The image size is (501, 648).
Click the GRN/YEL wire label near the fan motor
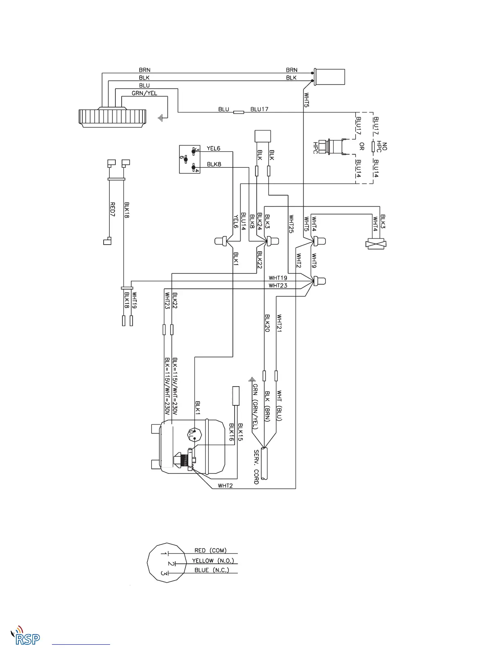[x=144, y=93]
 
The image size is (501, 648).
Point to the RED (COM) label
[x=210, y=551]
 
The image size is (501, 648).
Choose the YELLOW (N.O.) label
[x=213, y=560]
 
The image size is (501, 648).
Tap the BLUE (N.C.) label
[x=212, y=570]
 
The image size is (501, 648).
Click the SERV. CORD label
[x=257, y=467]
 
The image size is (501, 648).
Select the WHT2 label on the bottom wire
[x=225, y=486]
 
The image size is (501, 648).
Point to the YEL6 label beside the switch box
[x=214, y=148]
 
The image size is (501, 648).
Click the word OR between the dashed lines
[x=361, y=146]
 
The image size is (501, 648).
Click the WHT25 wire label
[x=291, y=224]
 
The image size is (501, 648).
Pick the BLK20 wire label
[x=267, y=323]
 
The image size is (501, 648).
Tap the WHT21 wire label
[x=280, y=323]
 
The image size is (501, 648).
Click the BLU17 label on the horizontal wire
[x=260, y=109]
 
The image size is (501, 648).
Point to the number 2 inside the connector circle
[x=170, y=564]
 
